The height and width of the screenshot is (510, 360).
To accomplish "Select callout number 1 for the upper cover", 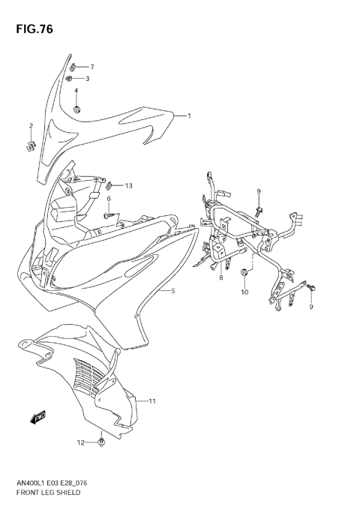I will click(189, 116).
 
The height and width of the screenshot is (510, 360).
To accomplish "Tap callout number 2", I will click(31, 125).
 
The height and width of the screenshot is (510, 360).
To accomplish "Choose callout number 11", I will click(151, 401).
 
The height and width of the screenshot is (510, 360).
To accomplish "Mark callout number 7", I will click(92, 67).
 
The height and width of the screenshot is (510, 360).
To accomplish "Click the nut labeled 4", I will click(76, 111).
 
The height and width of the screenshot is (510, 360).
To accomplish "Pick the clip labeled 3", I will click(70, 78).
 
